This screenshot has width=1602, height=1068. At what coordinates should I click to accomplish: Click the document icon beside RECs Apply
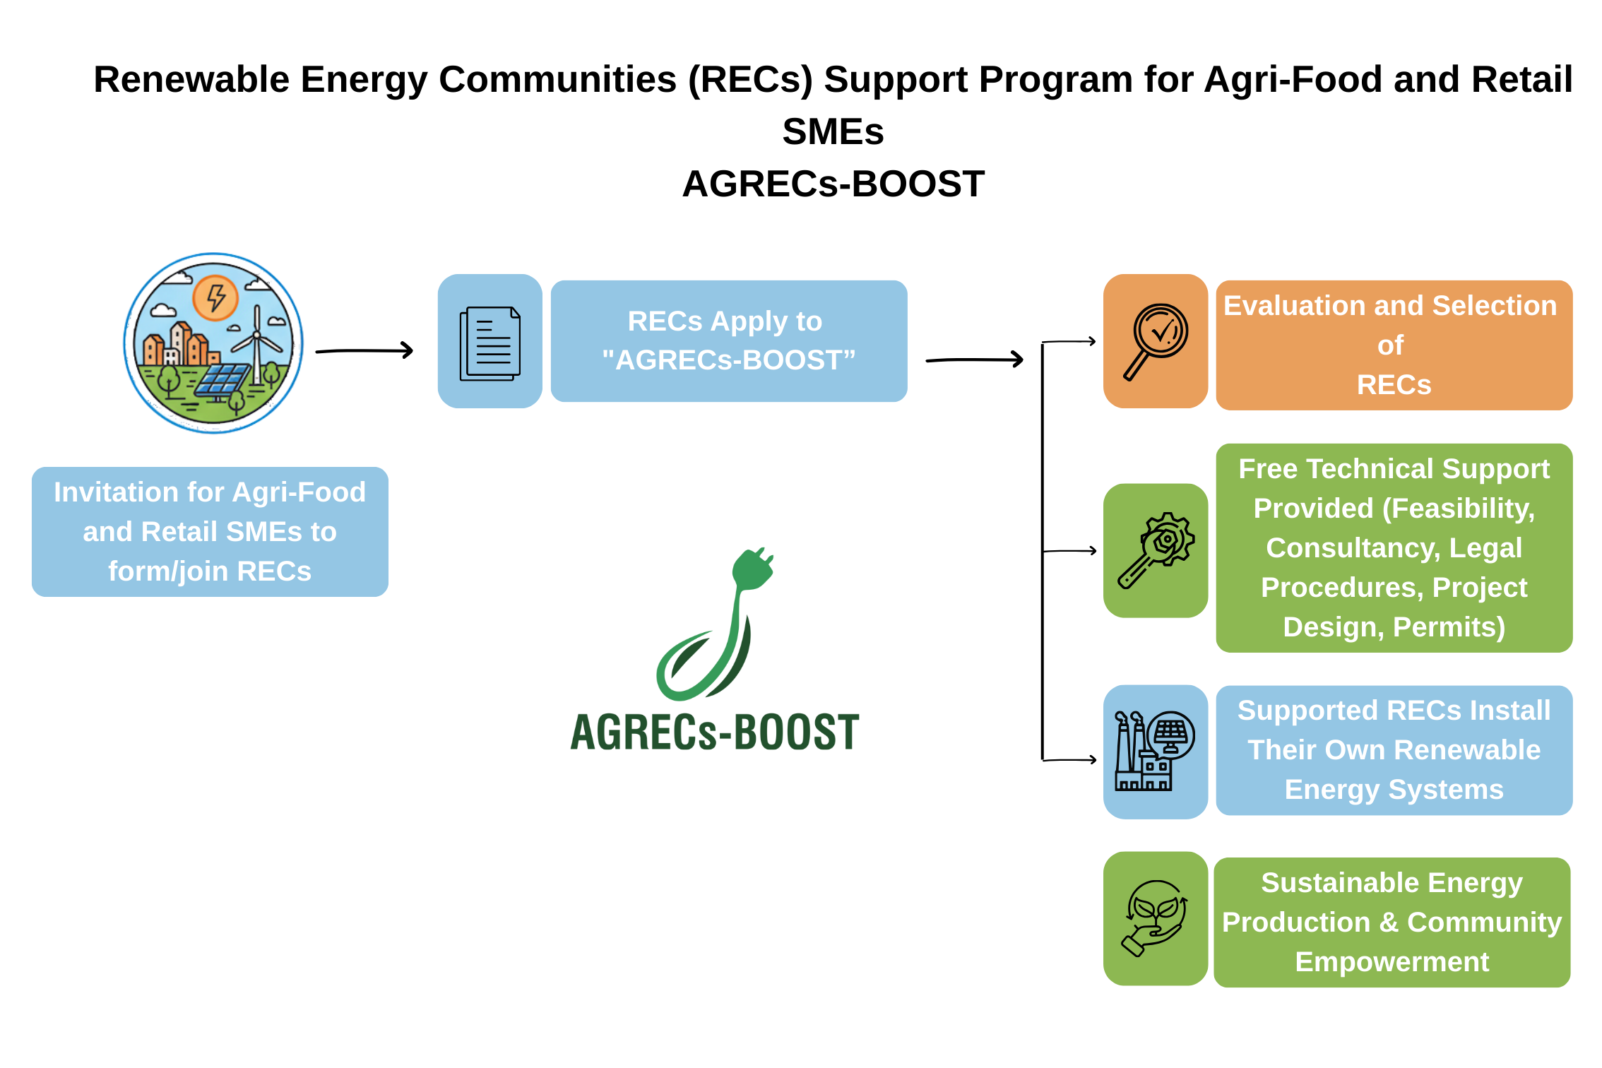click(490, 343)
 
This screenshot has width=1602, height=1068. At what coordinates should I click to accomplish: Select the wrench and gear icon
click(1156, 550)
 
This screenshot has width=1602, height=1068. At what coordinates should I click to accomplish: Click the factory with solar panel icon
click(1155, 751)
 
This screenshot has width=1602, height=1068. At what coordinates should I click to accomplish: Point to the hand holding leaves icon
click(1155, 918)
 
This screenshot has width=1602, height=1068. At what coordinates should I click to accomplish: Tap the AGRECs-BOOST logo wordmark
click(715, 732)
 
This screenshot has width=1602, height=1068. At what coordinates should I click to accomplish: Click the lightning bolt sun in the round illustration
click(215, 297)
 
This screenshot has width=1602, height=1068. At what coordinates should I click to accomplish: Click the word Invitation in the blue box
click(116, 492)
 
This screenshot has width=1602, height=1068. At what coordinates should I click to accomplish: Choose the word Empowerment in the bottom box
click(1392, 962)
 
